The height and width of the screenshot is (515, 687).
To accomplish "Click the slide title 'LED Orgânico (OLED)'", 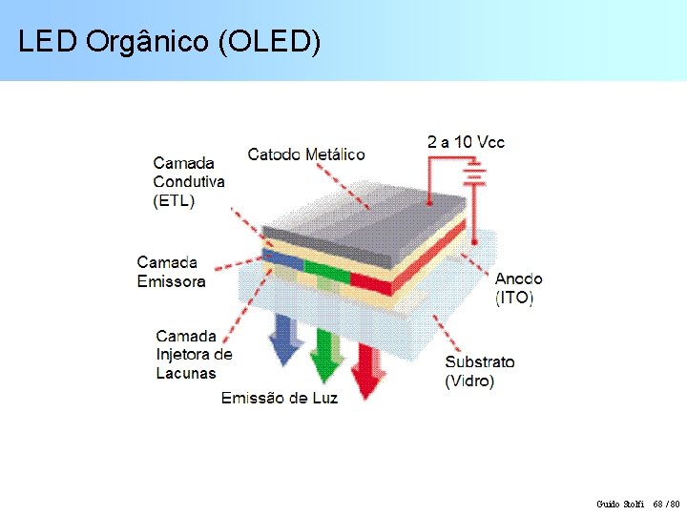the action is [x=170, y=41].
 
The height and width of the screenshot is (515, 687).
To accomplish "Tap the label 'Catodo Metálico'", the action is [x=305, y=154].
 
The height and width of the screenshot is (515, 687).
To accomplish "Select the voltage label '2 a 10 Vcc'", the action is [x=466, y=142].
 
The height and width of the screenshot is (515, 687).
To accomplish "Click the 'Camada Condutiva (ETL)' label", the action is [x=189, y=181].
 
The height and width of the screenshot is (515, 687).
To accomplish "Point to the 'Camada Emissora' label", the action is [x=171, y=272].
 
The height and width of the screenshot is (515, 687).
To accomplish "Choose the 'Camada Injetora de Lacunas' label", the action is [x=194, y=354].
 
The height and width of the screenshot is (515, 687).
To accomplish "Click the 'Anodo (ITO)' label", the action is [x=518, y=288].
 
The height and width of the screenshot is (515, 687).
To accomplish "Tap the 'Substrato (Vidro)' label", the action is [x=479, y=371].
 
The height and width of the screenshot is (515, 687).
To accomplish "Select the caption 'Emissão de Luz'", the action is [x=280, y=398].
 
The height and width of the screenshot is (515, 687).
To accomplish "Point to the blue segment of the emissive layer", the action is [x=283, y=259].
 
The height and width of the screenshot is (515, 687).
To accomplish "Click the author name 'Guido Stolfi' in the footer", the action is [x=620, y=503].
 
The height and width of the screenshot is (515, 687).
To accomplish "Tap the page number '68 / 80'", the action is [x=666, y=503].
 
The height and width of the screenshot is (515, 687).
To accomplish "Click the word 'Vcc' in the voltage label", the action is [x=491, y=142].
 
